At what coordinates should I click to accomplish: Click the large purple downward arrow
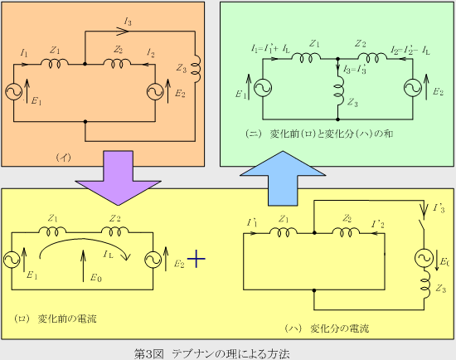tap(118, 178)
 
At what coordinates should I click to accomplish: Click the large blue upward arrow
tap(283, 178)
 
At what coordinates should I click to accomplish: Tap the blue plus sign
tap(196, 259)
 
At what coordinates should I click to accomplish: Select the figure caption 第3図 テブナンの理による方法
tap(211, 354)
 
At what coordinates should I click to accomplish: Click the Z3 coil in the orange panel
tap(196, 69)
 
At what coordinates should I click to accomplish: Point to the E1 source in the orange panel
tap(13, 92)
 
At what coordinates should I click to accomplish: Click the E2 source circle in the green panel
tap(412, 88)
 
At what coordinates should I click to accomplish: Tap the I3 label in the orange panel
tap(128, 22)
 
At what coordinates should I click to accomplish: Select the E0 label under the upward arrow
tap(96, 278)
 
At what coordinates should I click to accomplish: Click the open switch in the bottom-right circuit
tap(421, 226)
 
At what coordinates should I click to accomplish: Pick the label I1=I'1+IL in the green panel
tap(270, 49)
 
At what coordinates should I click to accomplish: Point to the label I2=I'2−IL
tap(410, 51)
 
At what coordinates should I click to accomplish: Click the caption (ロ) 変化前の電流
tap(56, 319)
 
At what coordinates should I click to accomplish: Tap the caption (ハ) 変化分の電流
tap(327, 328)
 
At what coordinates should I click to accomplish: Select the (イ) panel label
tap(63, 158)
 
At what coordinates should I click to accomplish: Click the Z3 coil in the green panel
tap(338, 95)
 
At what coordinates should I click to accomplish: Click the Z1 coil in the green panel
tap(306, 57)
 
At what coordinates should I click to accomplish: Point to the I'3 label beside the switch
tap(439, 208)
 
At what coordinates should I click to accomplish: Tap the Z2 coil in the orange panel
tap(117, 63)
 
